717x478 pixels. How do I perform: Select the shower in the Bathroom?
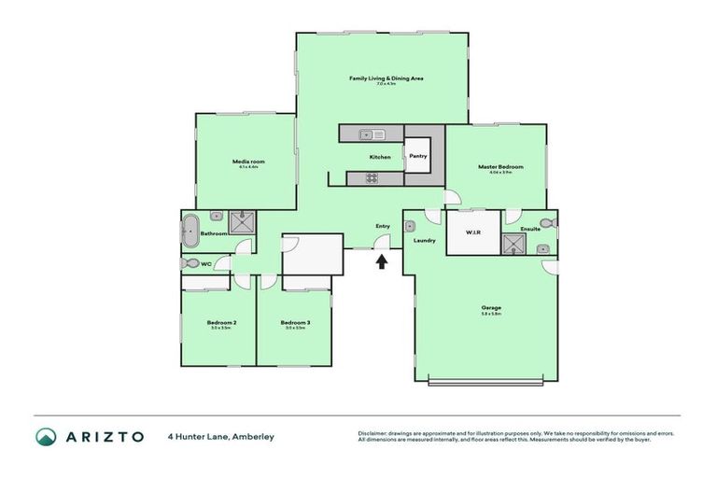243,222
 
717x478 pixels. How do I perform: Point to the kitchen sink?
373,134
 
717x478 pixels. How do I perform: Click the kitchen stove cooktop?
371,178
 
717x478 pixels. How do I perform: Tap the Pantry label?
417,156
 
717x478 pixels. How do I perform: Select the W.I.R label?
473,232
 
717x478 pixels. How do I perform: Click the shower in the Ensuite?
513,245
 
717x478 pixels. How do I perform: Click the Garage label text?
491,307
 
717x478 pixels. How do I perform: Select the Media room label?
247,162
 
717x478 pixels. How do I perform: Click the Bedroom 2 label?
221,323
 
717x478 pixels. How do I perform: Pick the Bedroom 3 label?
294,323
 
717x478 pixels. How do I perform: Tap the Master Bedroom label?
500,167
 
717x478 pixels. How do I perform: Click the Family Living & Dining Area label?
387,78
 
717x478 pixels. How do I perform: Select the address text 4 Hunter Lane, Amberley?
220,436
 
